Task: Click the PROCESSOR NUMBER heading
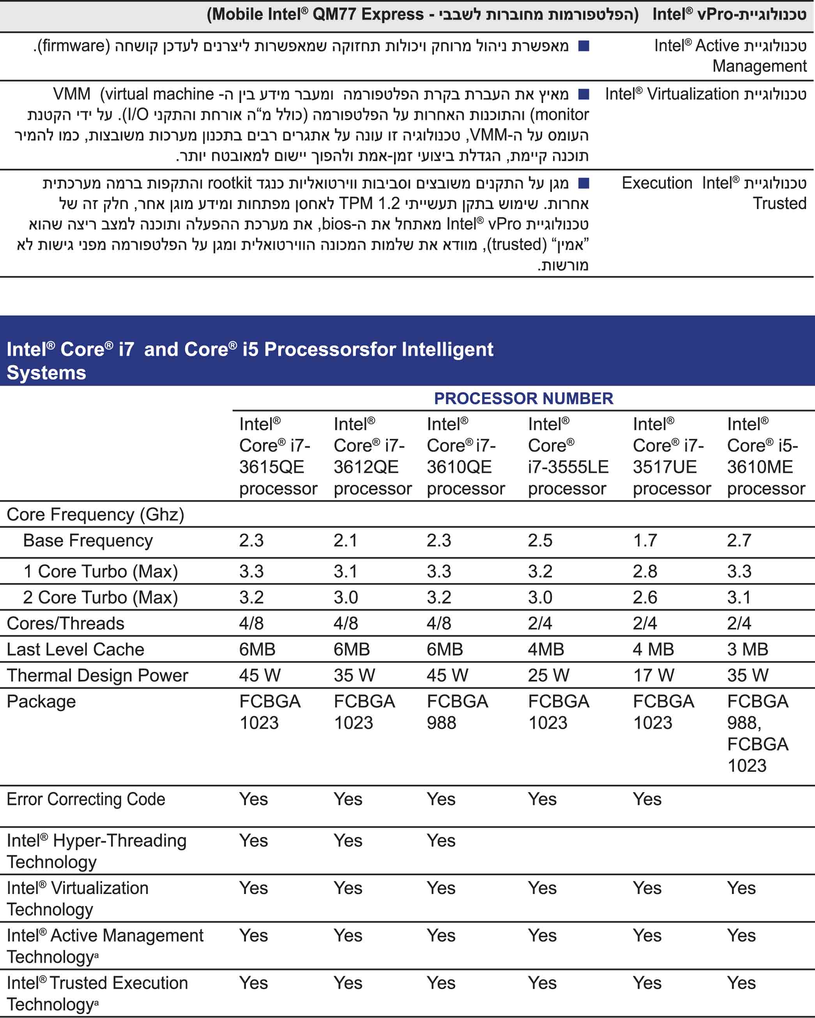tap(523, 399)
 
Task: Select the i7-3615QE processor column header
tap(278, 456)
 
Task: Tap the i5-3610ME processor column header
tap(765, 456)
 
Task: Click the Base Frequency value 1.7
tap(645, 541)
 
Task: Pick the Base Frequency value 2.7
tap(739, 541)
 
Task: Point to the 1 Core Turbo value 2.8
tap(645, 571)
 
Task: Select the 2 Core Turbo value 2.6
tap(645, 597)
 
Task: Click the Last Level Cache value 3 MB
tap(748, 649)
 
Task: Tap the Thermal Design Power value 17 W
tap(653, 675)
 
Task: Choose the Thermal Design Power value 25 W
tap(548, 675)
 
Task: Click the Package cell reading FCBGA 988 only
tap(457, 712)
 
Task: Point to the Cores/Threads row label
tap(65, 623)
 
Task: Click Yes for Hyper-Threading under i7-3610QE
tap(441, 841)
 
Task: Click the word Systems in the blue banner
tap(46, 373)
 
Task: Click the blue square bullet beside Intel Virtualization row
tap(584, 94)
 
